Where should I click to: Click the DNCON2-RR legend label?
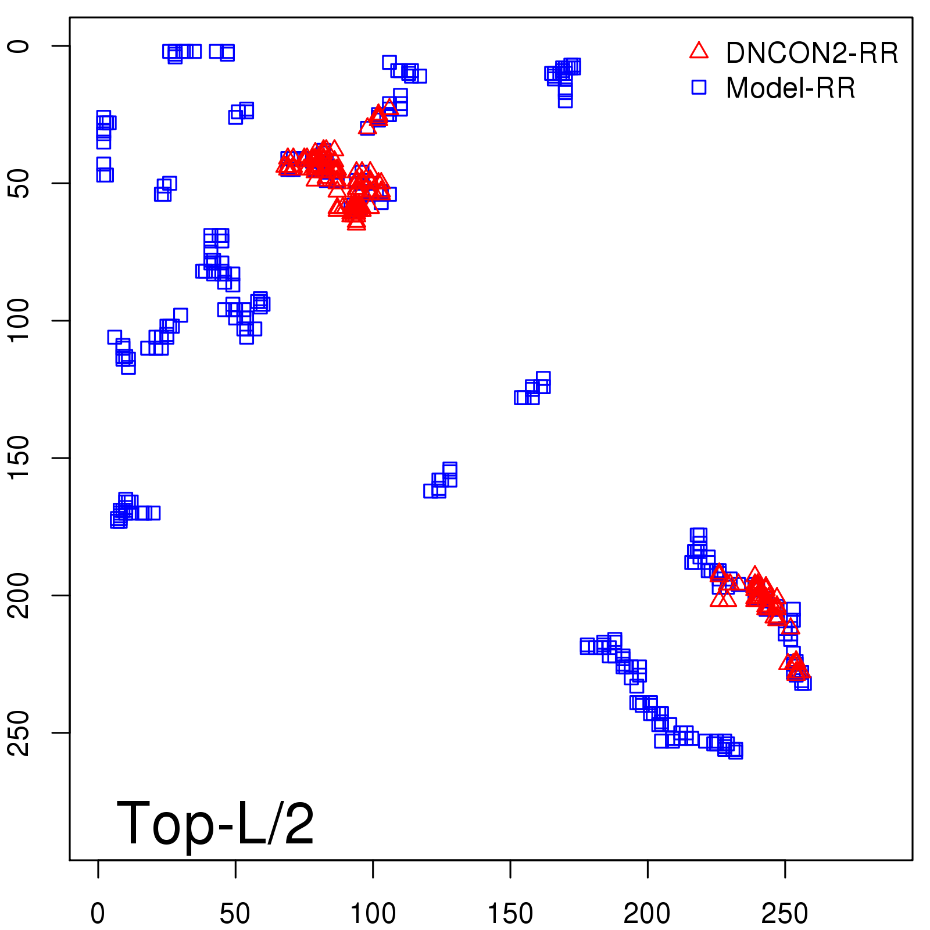tap(811, 53)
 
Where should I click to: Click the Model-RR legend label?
tap(791, 88)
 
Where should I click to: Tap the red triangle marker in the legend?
tap(699, 51)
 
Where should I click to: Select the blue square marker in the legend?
tap(699, 87)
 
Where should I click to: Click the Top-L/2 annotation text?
tap(215, 823)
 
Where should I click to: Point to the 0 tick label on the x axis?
tap(98, 914)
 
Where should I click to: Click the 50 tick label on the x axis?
tap(235, 914)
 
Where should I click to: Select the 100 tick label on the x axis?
tap(373, 914)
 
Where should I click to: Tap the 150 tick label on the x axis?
tap(510, 914)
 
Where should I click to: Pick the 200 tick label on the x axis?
tap(647, 914)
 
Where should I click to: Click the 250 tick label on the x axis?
tap(785, 914)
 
